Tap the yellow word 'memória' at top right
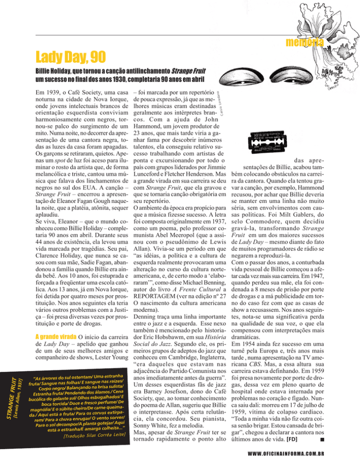coord(305,43)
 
